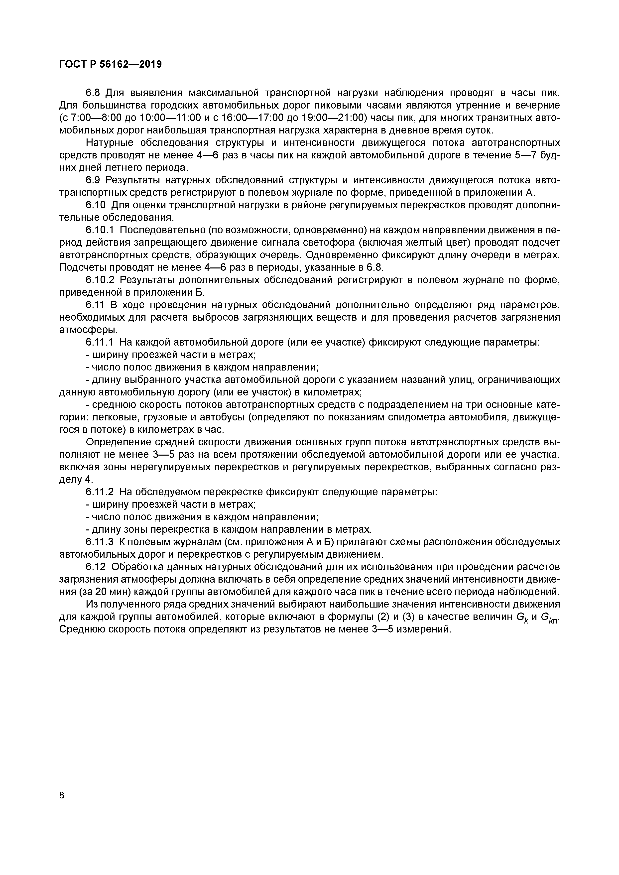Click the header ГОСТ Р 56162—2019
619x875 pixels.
click(x=111, y=64)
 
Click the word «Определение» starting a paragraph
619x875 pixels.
click(x=118, y=442)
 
